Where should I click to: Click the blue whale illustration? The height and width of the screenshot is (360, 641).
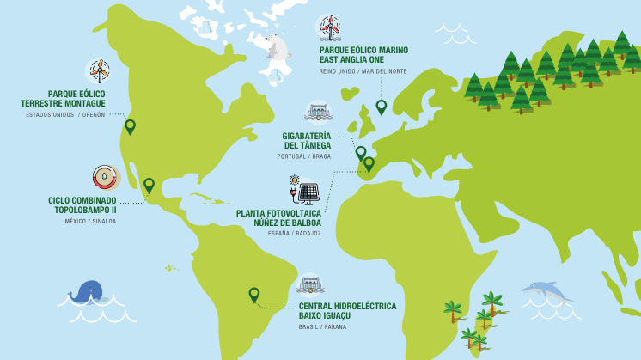[86, 292]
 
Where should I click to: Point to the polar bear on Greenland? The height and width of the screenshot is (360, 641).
[277, 46]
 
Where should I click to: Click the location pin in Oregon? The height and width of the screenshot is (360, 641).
[130, 126]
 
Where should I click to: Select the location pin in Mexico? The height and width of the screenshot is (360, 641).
[149, 185]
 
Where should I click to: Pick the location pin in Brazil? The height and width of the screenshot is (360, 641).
[254, 295]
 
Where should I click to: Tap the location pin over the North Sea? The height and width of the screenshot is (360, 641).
[382, 107]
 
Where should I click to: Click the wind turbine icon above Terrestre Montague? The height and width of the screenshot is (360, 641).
[100, 70]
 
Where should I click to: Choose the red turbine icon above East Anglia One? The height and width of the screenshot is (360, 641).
[329, 27]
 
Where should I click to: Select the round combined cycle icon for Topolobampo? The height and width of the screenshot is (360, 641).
[105, 177]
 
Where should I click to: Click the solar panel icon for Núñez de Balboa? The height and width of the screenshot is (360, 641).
[307, 191]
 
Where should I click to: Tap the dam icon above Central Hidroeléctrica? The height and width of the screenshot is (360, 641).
[309, 284]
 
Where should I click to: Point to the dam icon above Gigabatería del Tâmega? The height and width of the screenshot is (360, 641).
[318, 112]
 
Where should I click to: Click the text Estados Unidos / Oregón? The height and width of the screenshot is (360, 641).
[65, 114]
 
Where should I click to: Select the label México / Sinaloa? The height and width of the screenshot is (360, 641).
[90, 221]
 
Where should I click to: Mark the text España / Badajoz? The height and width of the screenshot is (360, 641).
[294, 233]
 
